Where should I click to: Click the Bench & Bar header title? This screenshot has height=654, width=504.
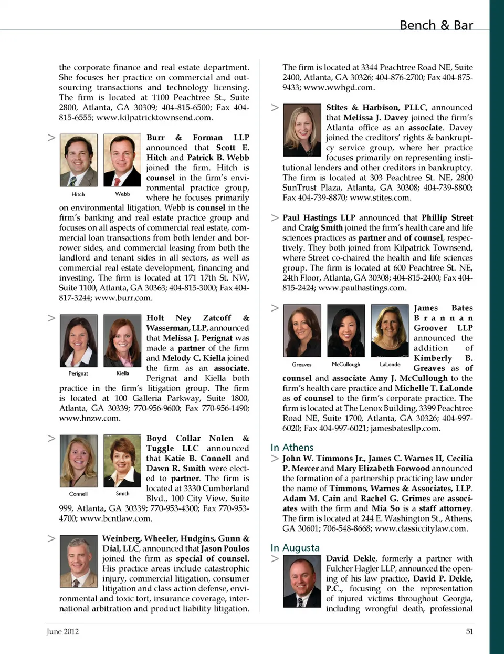point(436,25)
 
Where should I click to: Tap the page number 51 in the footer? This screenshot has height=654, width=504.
point(469,631)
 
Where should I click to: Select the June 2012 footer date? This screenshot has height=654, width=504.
point(62,631)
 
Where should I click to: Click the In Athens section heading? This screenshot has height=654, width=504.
point(292,448)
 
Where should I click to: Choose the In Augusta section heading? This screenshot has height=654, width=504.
point(295,548)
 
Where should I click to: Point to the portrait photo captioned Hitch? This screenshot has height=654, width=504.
point(79,160)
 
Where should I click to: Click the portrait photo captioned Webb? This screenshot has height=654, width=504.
point(122,160)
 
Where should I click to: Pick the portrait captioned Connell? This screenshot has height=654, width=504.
point(79,461)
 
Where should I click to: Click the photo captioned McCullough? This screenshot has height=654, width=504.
point(346,330)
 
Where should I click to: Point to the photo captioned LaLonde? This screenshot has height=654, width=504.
point(390,330)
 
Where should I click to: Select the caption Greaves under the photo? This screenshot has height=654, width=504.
point(302,364)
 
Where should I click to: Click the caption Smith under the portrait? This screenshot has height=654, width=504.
point(122,494)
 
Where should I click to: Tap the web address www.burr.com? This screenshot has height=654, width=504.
point(123,298)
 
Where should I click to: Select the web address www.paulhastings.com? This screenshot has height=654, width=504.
point(362,288)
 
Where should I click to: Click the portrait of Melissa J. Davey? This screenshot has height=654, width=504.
point(302,130)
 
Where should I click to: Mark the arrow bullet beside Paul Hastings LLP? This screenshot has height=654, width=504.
point(275,217)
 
